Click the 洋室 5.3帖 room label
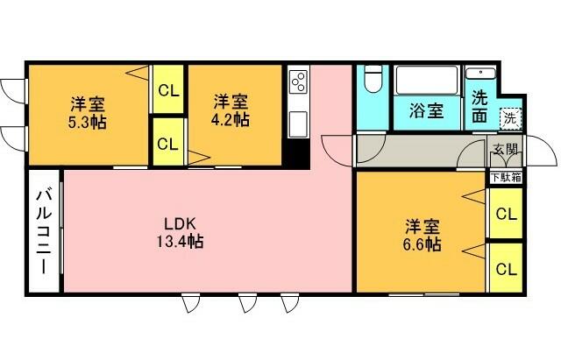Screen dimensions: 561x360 coord(88,113)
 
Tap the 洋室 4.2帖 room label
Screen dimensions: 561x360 coord(231,110)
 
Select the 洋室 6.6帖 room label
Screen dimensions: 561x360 coord(422,235)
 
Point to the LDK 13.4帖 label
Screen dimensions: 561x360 coord(180,232)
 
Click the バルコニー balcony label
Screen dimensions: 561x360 coord(44,232)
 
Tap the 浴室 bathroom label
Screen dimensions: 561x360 coord(427,110)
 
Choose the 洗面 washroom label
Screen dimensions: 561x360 coord(479,106)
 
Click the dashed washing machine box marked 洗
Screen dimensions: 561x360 coord(510,118)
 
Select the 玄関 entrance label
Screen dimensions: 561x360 coord(505,150)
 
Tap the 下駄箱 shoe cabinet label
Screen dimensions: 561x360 coord(506,177)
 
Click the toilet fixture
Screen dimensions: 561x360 coord(373,79)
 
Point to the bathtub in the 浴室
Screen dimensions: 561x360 coord(427,80)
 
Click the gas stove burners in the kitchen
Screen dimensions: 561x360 coord(299,81)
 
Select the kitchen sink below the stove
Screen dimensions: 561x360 coord(298,124)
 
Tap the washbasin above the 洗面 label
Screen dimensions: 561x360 coord(480,74)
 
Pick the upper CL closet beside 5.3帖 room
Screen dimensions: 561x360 coord(168,90)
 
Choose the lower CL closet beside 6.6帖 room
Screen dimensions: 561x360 coord(507,268)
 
